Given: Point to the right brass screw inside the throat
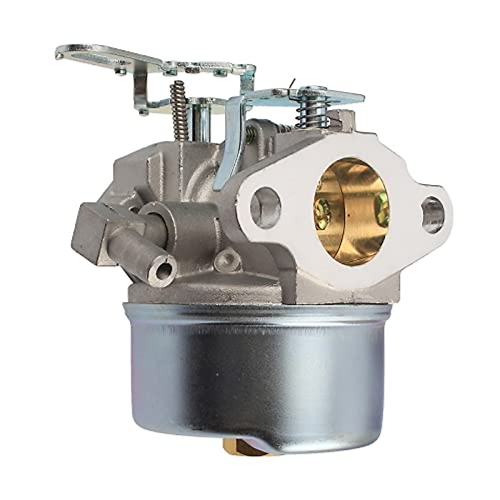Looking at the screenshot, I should (x=380, y=203).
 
